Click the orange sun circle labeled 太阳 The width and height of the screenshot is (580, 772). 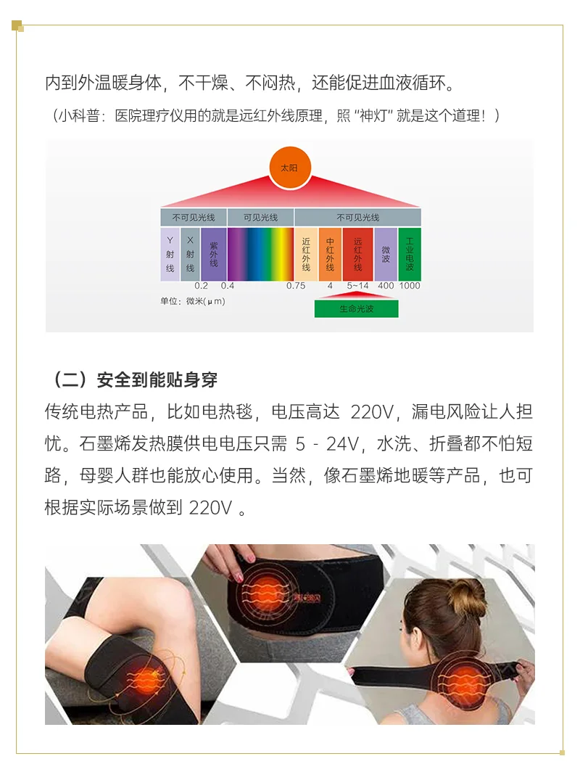click(289, 168)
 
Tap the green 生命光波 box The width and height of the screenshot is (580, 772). click(356, 308)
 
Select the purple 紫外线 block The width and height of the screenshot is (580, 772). click(213, 254)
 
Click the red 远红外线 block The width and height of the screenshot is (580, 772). click(357, 254)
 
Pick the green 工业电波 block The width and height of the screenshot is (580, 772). click(409, 254)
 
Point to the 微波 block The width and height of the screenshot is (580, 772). click(386, 254)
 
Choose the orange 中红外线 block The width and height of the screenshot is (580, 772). click(330, 254)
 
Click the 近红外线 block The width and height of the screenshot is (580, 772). click(306, 254)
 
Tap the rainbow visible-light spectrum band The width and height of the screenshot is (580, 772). click(260, 254)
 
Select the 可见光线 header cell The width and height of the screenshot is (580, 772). click(260, 218)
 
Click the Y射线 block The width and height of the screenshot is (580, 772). click(170, 254)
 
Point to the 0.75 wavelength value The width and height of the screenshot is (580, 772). click(296, 286)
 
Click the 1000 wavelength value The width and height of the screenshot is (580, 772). click(410, 286)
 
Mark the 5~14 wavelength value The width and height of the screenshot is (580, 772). click(357, 286)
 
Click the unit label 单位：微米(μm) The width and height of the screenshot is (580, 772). click(192, 301)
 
